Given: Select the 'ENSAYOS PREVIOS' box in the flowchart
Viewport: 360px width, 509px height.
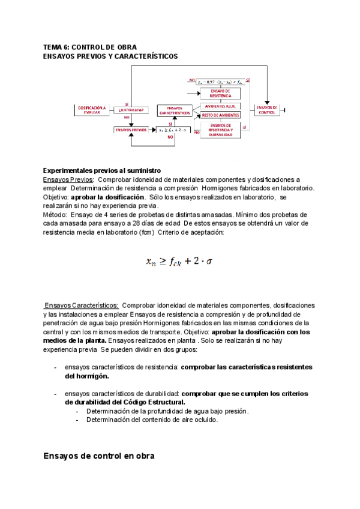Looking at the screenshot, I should (x=130, y=130).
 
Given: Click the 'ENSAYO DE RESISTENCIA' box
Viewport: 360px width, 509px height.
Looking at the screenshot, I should (x=216, y=93).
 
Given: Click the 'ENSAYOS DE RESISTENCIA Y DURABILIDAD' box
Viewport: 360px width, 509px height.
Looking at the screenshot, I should (x=221, y=130).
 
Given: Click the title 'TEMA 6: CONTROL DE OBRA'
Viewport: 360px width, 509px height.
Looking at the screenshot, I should (x=90, y=47).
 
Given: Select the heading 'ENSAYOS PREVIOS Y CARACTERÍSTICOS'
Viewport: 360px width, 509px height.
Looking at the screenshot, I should (x=110, y=56).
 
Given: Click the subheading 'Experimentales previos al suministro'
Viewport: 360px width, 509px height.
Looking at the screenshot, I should (x=102, y=170).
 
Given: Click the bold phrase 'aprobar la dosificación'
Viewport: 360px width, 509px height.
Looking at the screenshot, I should (x=108, y=197).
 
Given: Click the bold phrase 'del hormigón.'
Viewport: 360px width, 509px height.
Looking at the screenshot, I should (x=87, y=376).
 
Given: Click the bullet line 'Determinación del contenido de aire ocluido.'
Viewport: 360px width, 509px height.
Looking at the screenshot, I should (x=152, y=420).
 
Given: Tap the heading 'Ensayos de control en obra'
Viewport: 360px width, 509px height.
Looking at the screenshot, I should (x=99, y=456).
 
